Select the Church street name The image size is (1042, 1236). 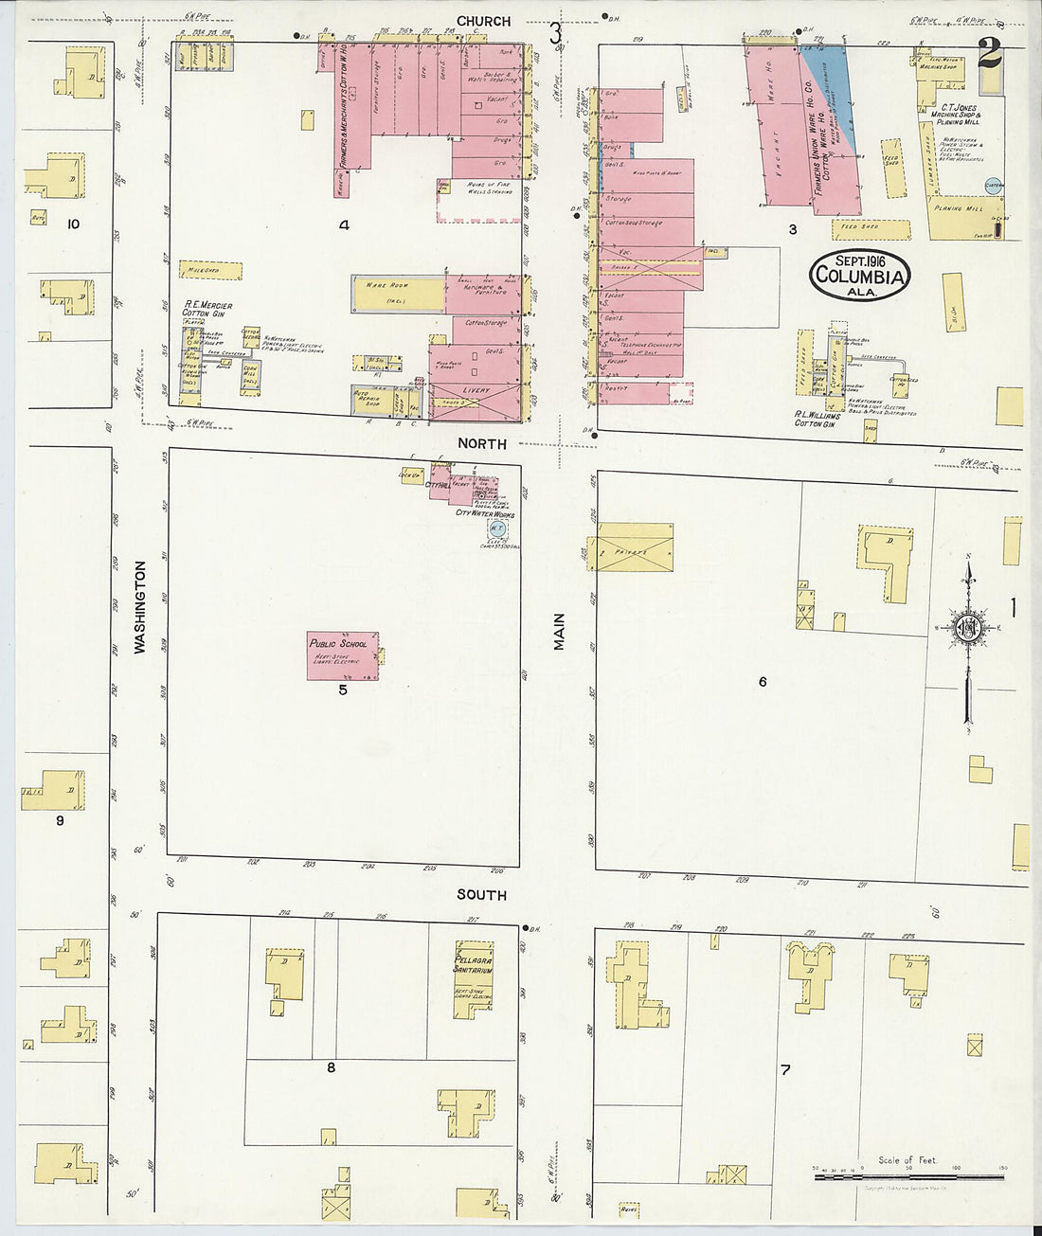coord(483,21)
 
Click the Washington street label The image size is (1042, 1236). coord(140,607)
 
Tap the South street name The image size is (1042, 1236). coord(481,894)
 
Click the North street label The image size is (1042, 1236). coord(482,443)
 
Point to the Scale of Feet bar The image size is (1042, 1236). coord(907,1176)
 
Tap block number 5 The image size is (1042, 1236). coord(343,690)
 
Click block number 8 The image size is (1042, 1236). coord(331,1067)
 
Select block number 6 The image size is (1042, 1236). coord(762,681)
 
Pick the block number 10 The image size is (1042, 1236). coord(73,224)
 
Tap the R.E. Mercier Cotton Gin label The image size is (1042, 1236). coord(207,310)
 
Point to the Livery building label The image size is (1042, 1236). coord(476,390)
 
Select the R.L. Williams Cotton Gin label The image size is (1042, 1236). coord(817,420)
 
